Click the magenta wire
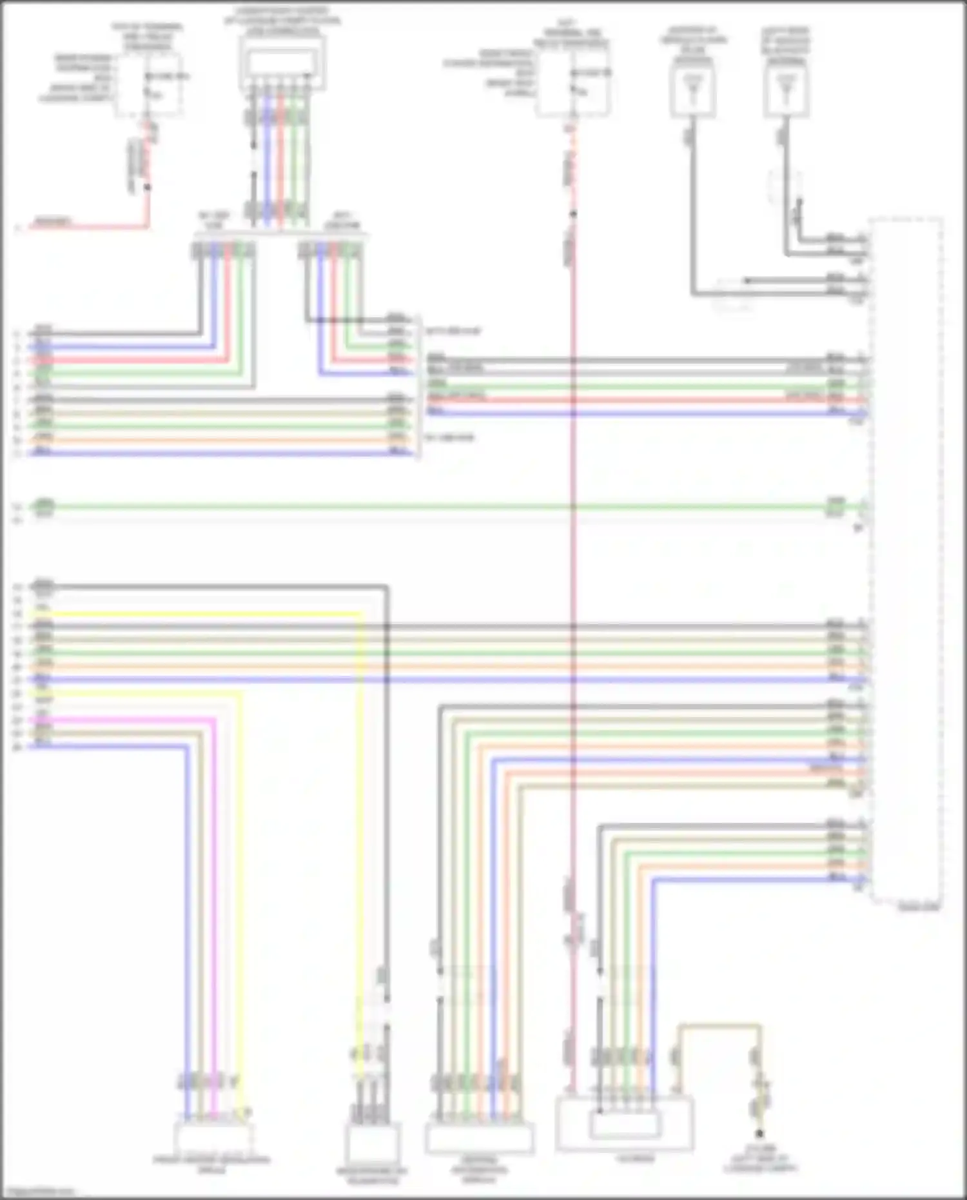click(x=214, y=903)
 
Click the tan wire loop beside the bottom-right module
click(x=719, y=1025)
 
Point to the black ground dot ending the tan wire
click(x=759, y=1132)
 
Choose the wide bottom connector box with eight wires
click(x=479, y=1138)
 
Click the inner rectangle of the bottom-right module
click(x=625, y=1126)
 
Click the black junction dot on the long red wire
click(x=572, y=213)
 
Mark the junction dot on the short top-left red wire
click(x=148, y=188)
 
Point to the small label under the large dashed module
click(x=919, y=908)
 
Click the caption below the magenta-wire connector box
click(x=211, y=1165)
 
